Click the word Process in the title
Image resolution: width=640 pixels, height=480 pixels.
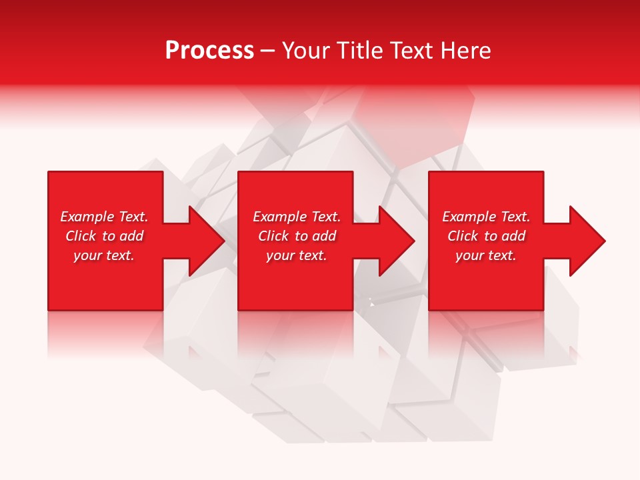[x=209, y=51]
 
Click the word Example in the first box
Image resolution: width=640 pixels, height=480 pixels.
[x=87, y=217]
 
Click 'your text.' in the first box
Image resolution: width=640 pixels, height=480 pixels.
[x=104, y=255]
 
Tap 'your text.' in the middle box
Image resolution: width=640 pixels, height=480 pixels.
[x=296, y=255]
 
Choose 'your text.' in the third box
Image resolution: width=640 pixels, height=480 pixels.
[x=486, y=255]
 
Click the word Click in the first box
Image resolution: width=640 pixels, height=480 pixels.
[x=81, y=236]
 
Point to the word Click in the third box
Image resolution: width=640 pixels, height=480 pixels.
[x=463, y=236]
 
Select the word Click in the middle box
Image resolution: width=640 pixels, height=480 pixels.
[x=274, y=236]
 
